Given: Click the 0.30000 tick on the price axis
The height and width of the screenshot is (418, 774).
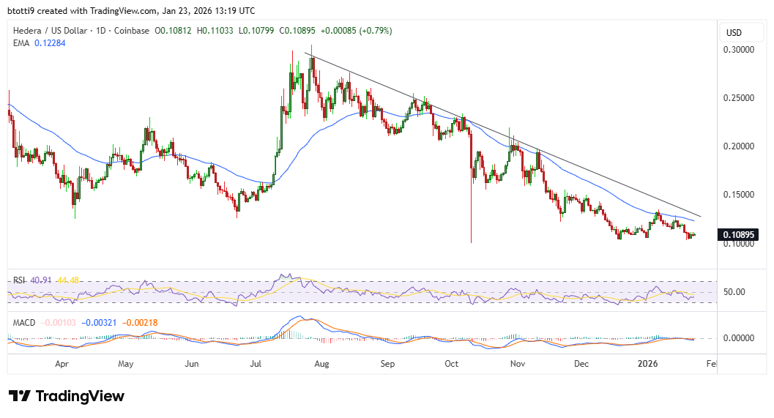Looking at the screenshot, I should tap(740, 49).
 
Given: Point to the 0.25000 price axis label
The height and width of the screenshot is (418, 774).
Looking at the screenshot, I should tap(740, 97).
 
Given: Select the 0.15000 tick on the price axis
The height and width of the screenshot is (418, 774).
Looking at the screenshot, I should tap(740, 195).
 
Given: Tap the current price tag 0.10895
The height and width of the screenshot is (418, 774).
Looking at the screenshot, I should tap(740, 235).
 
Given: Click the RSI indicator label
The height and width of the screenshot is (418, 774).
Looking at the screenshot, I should tap(18, 280).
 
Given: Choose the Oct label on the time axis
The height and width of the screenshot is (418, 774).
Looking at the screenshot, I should tap(451, 363).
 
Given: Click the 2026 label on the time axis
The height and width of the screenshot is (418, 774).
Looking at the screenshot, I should tap(648, 363).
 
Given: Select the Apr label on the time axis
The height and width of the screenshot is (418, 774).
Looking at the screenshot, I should tap(62, 363).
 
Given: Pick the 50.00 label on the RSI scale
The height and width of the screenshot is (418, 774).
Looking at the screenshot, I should tap(735, 292).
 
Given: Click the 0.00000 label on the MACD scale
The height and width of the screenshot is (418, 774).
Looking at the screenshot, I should tap(740, 338).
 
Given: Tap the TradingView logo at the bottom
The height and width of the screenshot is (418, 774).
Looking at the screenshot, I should tap(67, 396).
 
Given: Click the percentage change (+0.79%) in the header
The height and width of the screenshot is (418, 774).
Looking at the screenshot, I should tap(373, 31).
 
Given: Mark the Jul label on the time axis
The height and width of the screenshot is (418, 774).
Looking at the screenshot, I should tap(256, 363).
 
